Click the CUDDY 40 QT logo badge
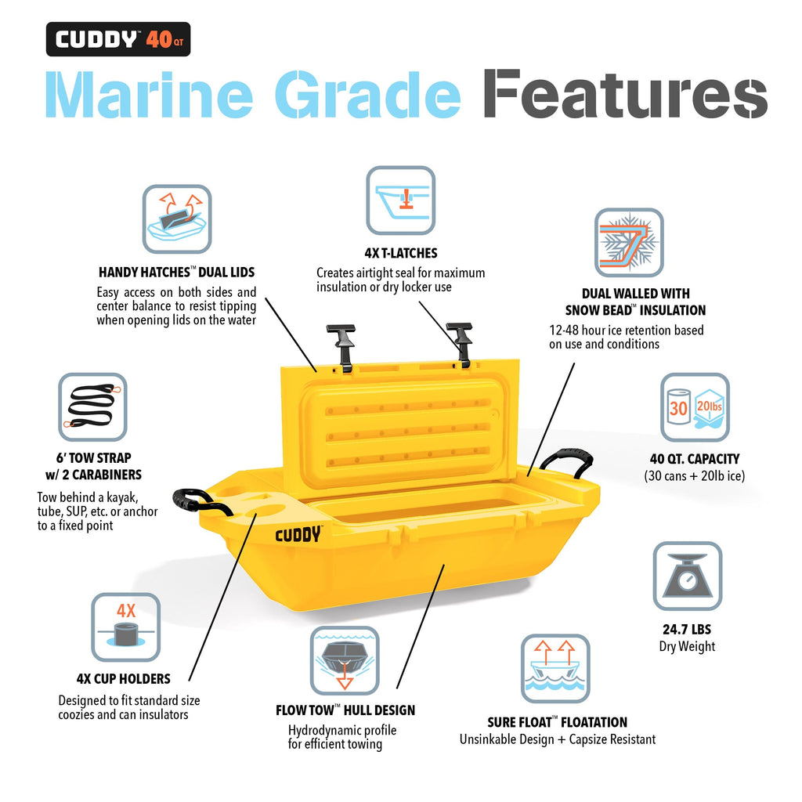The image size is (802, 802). pyautogui.click(x=118, y=39)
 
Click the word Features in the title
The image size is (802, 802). pyautogui.click(x=625, y=94)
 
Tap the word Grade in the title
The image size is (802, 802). pyautogui.click(x=368, y=94)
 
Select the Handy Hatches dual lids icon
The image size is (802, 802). pyautogui.click(x=177, y=219)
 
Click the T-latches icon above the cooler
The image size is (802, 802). pyautogui.click(x=400, y=200)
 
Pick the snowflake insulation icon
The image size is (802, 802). pyautogui.click(x=629, y=243)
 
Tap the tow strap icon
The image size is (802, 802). pyautogui.click(x=92, y=406)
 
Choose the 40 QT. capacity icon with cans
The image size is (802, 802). pyautogui.click(x=695, y=407)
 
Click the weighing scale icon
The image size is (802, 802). pyautogui.click(x=688, y=576)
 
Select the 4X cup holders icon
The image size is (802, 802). pyautogui.click(x=126, y=627)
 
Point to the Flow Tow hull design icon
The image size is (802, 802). pyautogui.click(x=345, y=660)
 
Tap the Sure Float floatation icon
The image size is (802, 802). pyautogui.click(x=555, y=669)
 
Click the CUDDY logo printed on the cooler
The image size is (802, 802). pyautogui.click(x=298, y=534)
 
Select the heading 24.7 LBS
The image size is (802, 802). pyautogui.click(x=687, y=629)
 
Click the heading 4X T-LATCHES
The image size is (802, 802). pyautogui.click(x=401, y=253)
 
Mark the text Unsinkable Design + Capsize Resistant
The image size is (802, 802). pyautogui.click(x=558, y=739)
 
